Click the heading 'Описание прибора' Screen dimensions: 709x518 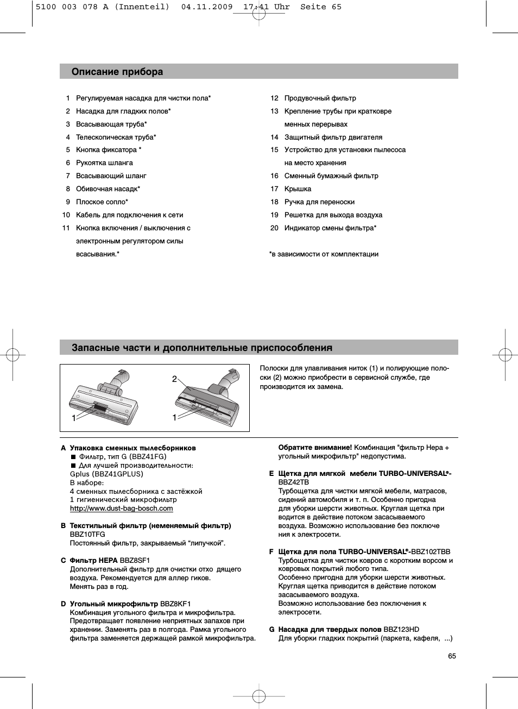[117, 72]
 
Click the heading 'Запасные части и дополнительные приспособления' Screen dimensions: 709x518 [202, 348]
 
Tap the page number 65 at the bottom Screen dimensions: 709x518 [452, 656]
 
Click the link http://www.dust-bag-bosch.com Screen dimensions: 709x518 [121, 509]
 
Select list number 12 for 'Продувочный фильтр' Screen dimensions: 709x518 [274, 98]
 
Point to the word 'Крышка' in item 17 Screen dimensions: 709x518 [298, 189]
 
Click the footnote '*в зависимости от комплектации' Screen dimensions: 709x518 [324, 254]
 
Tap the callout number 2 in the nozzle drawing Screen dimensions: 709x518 [174, 379]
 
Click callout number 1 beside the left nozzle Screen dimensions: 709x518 [74, 418]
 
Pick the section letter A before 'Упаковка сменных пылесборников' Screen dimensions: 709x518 [64, 448]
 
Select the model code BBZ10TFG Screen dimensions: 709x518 [87, 535]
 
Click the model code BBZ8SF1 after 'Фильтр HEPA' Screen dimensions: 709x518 [135, 561]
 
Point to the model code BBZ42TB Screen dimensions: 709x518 [293, 482]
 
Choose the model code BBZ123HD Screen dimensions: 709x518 [401, 630]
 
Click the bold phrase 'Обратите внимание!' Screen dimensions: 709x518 [315, 448]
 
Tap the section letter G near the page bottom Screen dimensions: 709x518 [271, 630]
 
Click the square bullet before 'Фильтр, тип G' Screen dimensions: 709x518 [73, 457]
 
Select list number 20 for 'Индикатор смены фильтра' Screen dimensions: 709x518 [274, 228]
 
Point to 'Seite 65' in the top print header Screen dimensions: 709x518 [321, 7]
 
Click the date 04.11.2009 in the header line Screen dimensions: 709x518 [207, 7]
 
